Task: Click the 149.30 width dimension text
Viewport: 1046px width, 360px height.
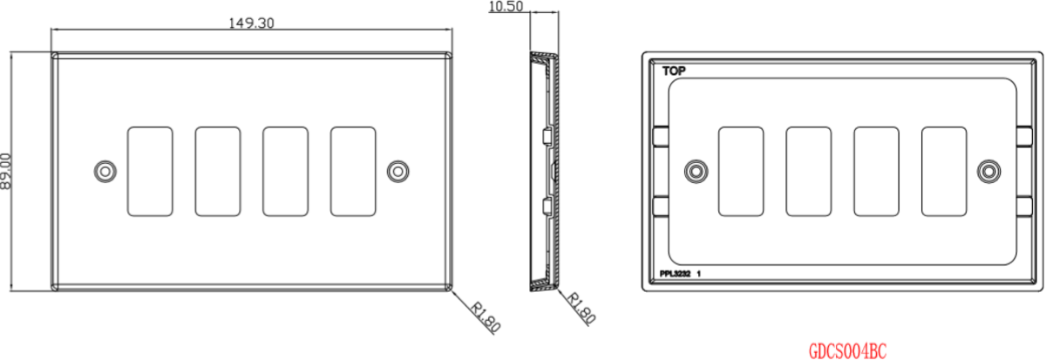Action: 251,23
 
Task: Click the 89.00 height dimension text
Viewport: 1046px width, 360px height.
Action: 6,172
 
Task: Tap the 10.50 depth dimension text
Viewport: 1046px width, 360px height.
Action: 506,6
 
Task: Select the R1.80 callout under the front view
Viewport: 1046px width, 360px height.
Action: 486,316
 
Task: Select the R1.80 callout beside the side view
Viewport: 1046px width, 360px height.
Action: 581,308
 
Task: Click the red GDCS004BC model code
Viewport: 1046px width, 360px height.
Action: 847,351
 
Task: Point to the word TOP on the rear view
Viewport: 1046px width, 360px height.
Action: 674,71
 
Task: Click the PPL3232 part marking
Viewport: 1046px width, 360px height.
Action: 675,274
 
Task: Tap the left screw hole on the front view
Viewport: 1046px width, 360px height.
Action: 105,172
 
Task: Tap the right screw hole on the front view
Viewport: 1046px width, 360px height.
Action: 397,172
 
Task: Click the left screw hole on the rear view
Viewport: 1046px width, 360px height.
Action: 696,172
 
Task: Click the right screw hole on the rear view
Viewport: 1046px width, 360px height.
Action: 988,172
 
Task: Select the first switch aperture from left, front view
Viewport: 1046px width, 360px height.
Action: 150,172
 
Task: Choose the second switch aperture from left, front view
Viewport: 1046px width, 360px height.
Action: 218,172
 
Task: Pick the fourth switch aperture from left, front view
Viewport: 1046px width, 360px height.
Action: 353,172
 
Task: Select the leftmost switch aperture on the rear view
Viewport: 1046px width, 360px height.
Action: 741,172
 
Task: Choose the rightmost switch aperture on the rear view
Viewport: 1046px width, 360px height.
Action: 944,172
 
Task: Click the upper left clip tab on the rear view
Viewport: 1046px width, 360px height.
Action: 661,136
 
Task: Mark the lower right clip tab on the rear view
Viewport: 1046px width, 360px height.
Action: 1024,207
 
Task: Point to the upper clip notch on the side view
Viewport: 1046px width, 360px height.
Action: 547,136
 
